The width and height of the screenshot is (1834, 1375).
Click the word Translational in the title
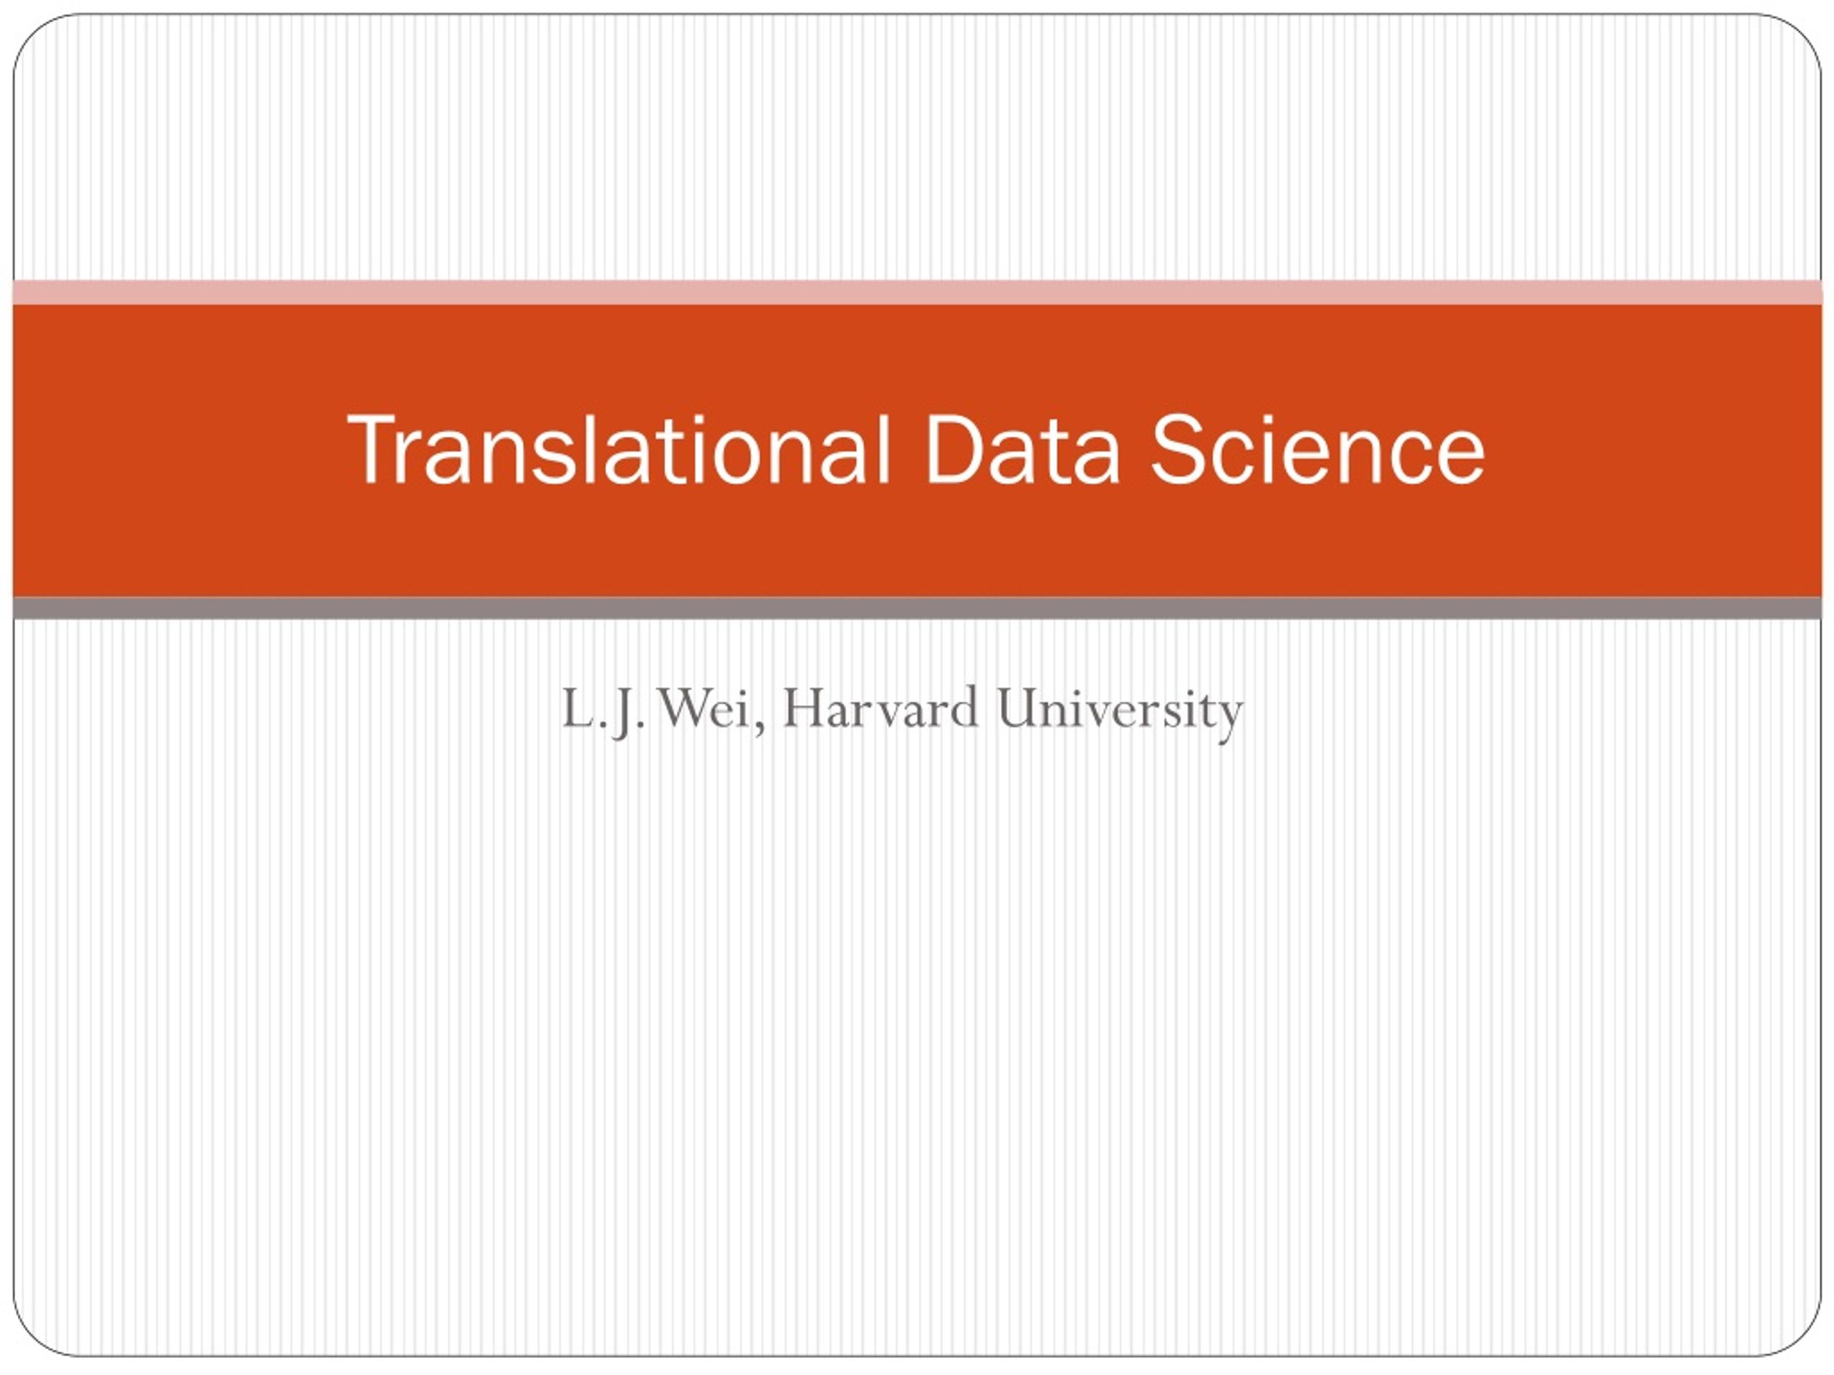(x=618, y=449)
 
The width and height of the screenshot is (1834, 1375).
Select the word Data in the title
(x=1022, y=449)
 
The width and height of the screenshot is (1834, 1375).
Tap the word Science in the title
(x=1317, y=449)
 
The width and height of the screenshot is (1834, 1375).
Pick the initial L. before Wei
(x=584, y=710)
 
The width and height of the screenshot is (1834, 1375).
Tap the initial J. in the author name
(x=628, y=713)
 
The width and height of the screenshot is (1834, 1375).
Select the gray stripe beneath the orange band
(x=917, y=608)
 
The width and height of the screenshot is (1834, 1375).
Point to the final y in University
(x=1230, y=720)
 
